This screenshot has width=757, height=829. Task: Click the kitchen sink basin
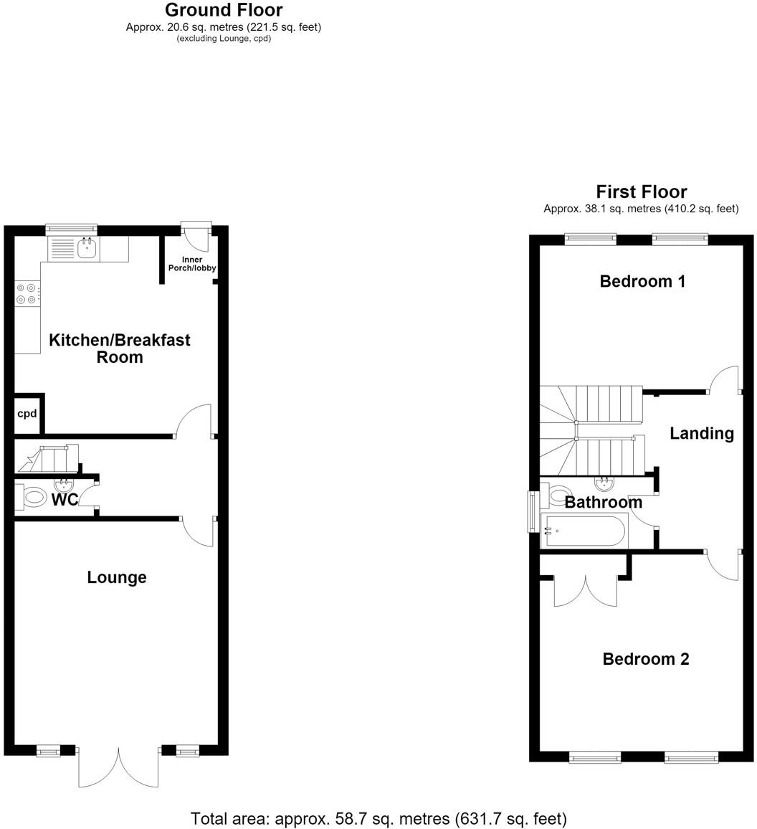(87, 248)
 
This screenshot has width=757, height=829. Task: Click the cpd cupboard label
(27, 414)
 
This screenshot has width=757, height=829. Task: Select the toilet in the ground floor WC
(34, 498)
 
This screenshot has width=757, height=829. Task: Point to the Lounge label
(117, 577)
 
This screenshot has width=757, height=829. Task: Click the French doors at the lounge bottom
(119, 767)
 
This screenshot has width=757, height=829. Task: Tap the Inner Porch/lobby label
(192, 264)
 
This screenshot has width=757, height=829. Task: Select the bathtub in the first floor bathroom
(584, 530)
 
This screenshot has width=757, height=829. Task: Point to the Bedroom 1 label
(642, 281)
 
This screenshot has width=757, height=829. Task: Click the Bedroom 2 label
(645, 659)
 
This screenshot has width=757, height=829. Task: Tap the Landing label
(702, 434)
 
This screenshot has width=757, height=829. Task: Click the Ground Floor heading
(224, 9)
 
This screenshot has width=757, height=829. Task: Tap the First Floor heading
(642, 191)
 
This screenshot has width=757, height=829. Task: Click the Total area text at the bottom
(378, 819)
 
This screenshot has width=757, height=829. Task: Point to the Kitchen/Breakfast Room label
(120, 349)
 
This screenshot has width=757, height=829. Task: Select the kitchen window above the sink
(72, 229)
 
